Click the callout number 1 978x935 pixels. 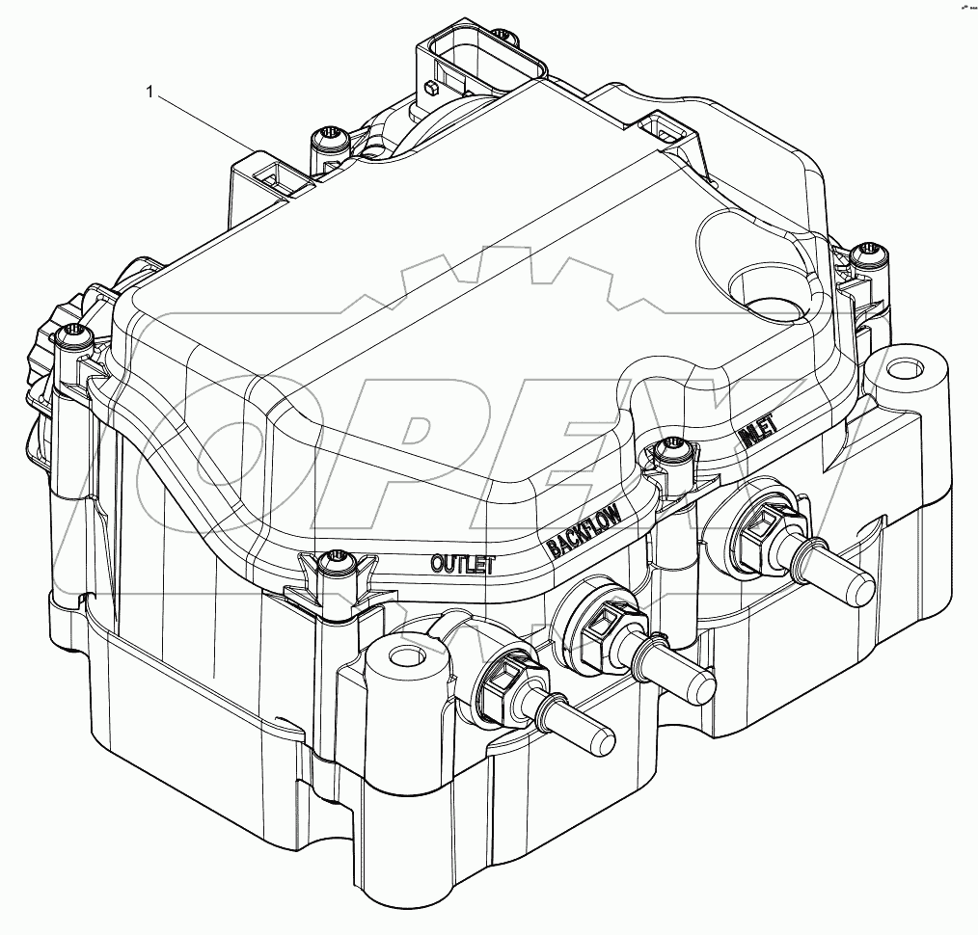tap(149, 92)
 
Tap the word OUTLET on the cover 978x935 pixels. tap(463, 563)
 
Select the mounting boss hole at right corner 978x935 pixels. tap(903, 368)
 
